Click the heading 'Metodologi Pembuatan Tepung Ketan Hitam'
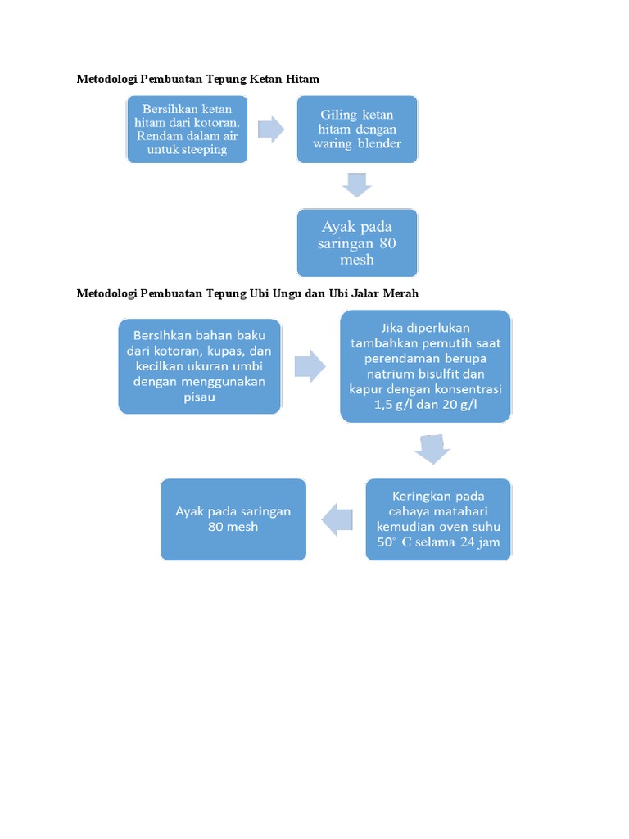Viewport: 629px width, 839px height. click(x=197, y=79)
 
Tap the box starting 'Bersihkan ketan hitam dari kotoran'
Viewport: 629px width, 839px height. click(x=187, y=129)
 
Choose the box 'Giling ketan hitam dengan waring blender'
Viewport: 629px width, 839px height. click(x=357, y=129)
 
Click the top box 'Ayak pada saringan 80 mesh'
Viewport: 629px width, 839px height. click(x=357, y=243)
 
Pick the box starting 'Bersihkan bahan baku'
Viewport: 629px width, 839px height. click(x=201, y=365)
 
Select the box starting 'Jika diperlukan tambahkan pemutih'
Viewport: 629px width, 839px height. click(x=426, y=365)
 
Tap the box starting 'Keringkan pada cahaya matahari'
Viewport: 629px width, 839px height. click(x=438, y=519)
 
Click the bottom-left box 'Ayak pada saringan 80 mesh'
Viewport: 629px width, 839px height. click(x=233, y=519)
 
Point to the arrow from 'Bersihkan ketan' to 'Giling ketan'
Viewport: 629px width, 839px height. click(x=271, y=129)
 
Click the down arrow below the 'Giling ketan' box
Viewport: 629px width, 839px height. click(x=357, y=184)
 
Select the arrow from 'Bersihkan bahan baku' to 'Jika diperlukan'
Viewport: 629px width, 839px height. click(x=310, y=365)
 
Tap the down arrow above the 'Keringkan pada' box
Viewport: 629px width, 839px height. click(x=432, y=449)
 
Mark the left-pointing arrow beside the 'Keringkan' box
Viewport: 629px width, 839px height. click(x=337, y=519)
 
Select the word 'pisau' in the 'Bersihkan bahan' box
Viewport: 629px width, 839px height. click(x=200, y=397)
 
